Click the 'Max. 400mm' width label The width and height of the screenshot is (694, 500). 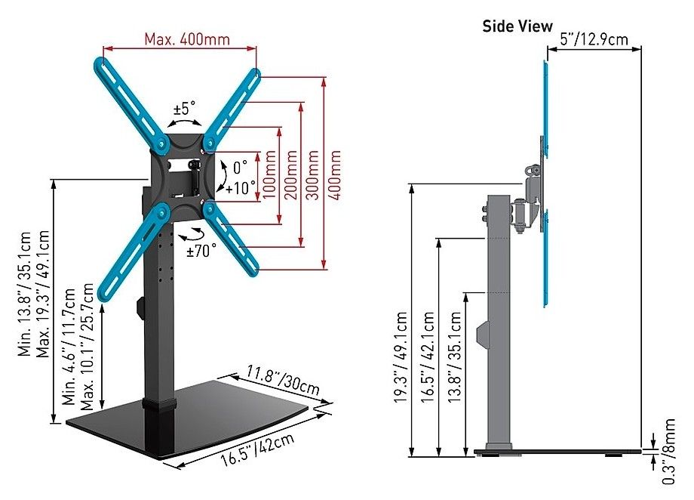pos(187,39)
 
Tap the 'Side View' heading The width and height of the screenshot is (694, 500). pos(517,26)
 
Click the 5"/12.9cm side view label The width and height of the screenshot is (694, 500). pos(594,39)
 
